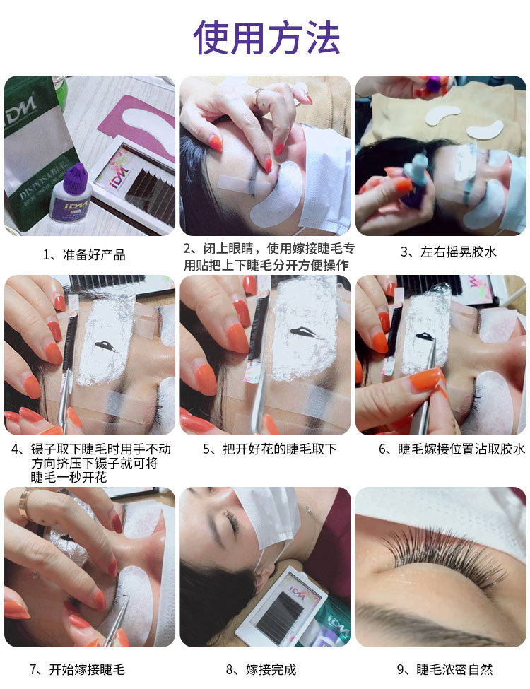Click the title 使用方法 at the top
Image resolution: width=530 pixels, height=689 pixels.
[x=266, y=37]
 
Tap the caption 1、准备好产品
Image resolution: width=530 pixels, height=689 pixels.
[x=84, y=254]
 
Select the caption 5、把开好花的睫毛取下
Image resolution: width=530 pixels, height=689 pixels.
[x=269, y=449]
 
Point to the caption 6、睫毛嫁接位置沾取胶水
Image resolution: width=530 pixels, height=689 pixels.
[x=452, y=449]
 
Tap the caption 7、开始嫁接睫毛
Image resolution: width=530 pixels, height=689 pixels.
[x=77, y=669]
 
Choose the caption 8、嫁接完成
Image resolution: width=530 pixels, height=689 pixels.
[x=261, y=669]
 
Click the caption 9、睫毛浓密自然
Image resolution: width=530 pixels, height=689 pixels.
[x=444, y=669]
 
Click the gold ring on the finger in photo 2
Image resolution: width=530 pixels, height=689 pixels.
[x=258, y=96]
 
